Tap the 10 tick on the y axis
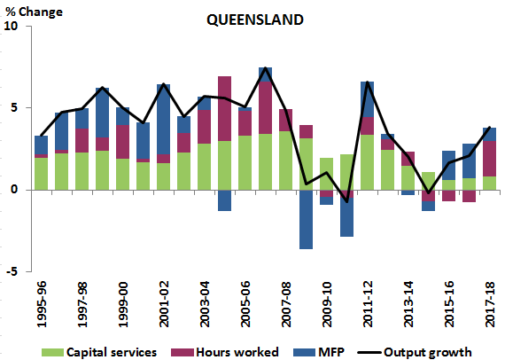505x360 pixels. click(x=12, y=27)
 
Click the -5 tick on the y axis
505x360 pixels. click(x=12, y=271)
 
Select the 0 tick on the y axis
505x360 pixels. click(x=14, y=190)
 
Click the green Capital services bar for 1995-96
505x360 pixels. click(x=41, y=174)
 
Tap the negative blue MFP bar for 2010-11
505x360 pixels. click(x=347, y=213)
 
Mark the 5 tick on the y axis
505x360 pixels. click(x=14, y=108)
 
